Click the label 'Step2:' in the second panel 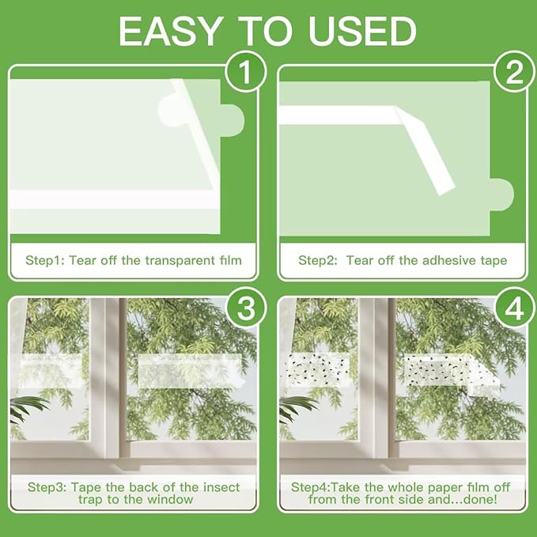[318, 260]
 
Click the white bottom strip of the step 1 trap [115, 199]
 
